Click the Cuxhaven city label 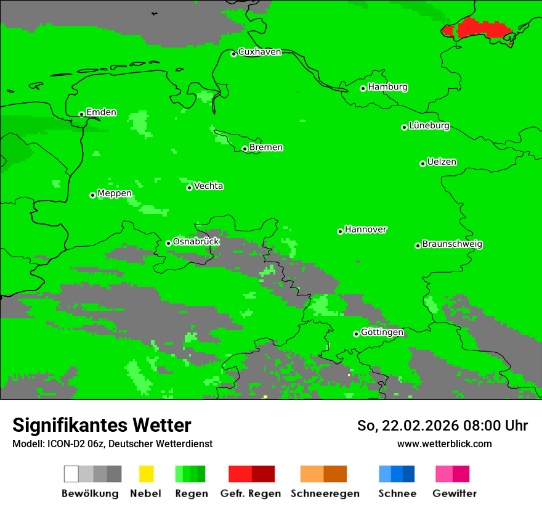click(x=259, y=52)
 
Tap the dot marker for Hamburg click(x=363, y=88)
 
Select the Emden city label click(x=101, y=112)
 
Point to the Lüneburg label click(x=429, y=126)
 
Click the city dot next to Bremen click(x=245, y=149)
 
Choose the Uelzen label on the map click(x=442, y=162)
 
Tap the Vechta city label click(x=208, y=186)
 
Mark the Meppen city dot click(x=92, y=195)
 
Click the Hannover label click(x=366, y=229)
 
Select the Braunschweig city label click(x=452, y=244)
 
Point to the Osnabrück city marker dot click(x=168, y=243)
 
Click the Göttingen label click(x=382, y=332)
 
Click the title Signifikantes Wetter click(x=102, y=425)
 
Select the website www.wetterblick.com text click(x=444, y=444)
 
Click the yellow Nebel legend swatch click(x=146, y=474)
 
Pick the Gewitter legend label click(x=454, y=493)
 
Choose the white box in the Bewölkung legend click(x=71, y=474)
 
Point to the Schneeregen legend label click(x=325, y=493)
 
